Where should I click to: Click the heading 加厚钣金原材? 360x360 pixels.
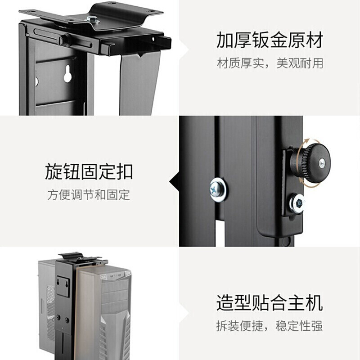270,41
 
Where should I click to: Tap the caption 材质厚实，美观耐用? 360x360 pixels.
270,63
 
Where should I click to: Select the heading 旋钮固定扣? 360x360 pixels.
89,171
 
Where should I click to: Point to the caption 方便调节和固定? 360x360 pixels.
89,195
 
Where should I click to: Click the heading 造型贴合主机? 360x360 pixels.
270,302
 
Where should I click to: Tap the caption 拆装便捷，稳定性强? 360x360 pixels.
270,326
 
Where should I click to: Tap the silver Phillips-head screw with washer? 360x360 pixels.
218,189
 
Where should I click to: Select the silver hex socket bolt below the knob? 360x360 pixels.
297,203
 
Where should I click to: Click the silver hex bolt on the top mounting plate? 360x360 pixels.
94,19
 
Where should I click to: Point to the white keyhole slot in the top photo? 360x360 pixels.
67,74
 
